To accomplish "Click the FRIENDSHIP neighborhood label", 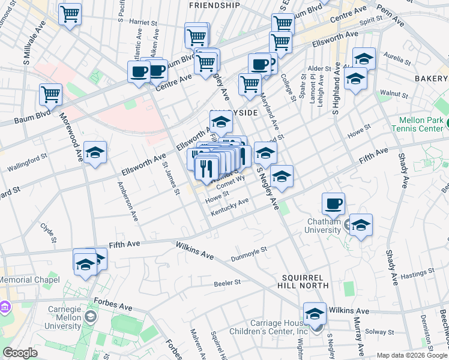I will point(214,5).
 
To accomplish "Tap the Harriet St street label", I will point(143,22).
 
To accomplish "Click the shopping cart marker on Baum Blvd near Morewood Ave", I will point(50,94).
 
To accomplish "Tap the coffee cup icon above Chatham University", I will point(333,203).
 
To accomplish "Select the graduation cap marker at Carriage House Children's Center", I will point(315,314).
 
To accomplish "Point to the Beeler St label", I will point(228,282).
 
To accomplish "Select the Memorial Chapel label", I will point(30,280).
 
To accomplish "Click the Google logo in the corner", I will point(20,353).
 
